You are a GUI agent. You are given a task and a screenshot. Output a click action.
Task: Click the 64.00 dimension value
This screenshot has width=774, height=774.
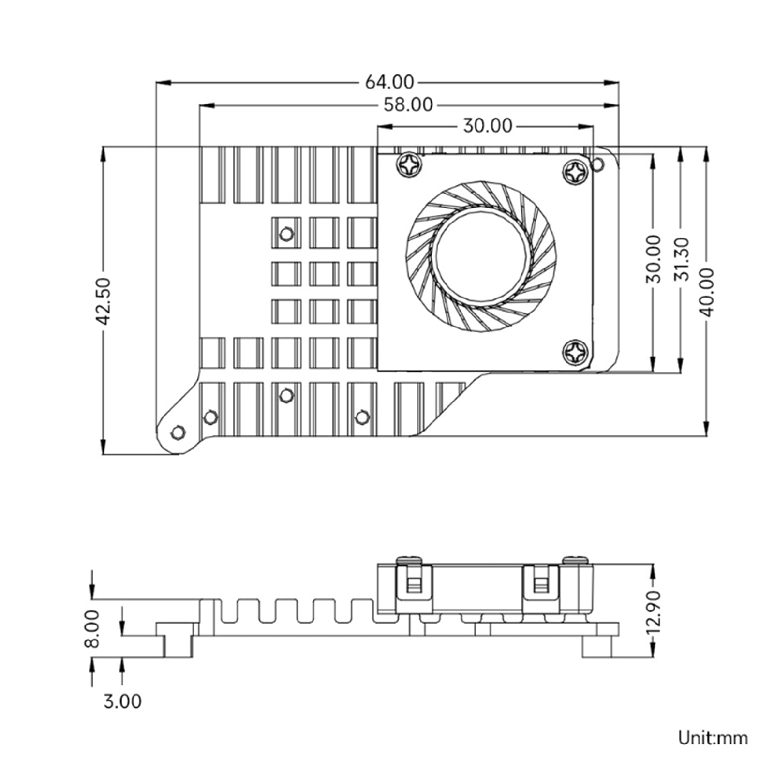389,82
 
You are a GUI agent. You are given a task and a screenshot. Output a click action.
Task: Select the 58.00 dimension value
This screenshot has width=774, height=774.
408,104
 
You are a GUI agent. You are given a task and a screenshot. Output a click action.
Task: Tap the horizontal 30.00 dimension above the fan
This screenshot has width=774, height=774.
487,126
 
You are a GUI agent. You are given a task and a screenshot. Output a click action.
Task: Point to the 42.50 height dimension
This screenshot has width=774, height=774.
104,300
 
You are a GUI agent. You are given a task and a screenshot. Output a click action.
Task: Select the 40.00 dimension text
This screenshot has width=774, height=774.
707,292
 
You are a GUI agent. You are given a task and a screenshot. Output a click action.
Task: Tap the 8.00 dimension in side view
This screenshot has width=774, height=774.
91,628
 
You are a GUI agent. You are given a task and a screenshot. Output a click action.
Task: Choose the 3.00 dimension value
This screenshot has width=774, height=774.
122,701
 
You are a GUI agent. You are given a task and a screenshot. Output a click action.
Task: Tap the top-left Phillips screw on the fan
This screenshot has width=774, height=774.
409,165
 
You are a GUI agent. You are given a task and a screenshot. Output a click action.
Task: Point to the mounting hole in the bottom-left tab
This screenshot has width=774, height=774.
179,432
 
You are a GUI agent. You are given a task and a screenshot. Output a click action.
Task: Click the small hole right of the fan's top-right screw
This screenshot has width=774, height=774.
598,164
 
